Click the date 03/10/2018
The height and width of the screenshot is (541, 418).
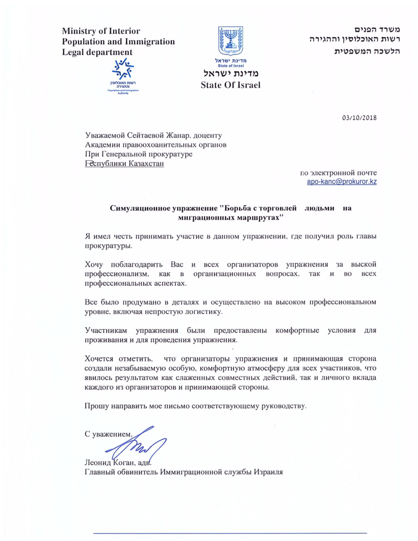pyautogui.click(x=359, y=118)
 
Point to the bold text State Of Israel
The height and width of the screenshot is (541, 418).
pyautogui.click(x=230, y=85)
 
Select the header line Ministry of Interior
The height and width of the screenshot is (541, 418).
pyautogui.click(x=101, y=31)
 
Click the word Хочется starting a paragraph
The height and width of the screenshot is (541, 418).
pyautogui.click(x=99, y=359)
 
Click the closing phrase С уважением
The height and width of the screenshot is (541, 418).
pyautogui.click(x=110, y=434)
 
